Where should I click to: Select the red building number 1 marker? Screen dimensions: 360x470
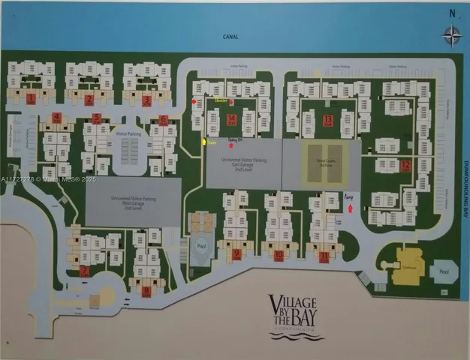[x=31, y=98]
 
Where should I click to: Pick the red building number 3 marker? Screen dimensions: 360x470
[x=146, y=100]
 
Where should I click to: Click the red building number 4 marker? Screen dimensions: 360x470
[x=56, y=117]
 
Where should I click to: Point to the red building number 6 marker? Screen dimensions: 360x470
[x=163, y=119]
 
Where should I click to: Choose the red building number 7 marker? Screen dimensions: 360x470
[x=84, y=271]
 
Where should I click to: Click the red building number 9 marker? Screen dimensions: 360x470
[x=237, y=253]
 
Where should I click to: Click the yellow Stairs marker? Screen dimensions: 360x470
[x=203, y=141]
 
